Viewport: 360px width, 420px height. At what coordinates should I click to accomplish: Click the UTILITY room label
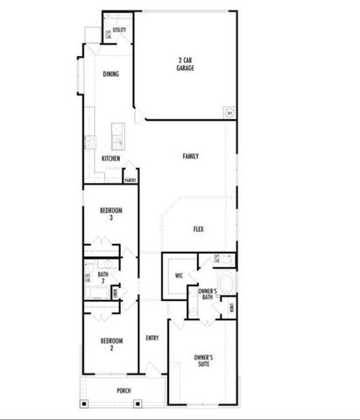tap(120, 31)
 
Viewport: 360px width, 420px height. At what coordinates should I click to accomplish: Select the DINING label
tap(110, 74)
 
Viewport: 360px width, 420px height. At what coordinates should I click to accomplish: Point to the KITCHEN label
tap(110, 158)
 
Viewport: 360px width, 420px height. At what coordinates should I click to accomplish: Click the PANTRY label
tap(130, 180)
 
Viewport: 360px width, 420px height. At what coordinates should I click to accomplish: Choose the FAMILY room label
tap(190, 157)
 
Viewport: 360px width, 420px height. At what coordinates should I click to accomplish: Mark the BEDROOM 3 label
tap(110, 213)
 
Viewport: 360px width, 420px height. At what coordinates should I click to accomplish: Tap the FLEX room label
tap(199, 229)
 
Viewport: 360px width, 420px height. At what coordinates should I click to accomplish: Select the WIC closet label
tap(180, 276)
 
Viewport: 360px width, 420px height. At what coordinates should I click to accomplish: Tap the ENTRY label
tap(152, 338)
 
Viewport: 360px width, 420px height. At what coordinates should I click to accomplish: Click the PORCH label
tap(124, 390)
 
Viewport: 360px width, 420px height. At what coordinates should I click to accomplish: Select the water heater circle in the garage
tap(229, 112)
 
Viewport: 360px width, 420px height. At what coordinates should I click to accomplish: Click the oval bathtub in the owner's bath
tap(227, 282)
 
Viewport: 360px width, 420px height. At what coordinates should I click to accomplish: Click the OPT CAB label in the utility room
tap(108, 35)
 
